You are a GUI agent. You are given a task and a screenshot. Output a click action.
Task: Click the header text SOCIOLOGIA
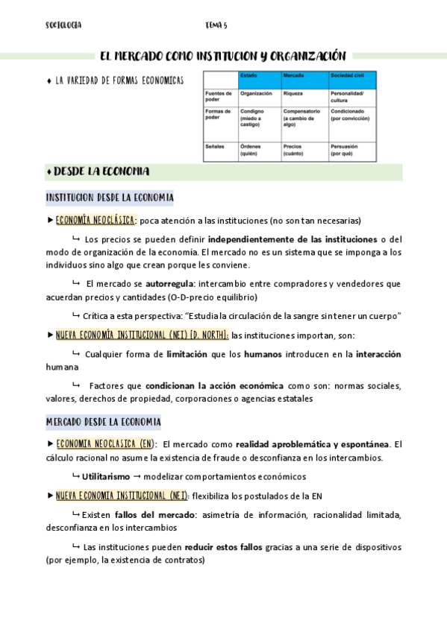[63, 25]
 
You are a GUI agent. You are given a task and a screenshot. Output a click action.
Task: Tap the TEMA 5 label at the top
[216, 25]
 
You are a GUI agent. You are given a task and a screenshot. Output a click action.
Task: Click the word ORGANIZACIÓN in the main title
[305, 55]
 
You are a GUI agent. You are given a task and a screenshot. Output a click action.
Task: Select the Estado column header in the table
[248, 77]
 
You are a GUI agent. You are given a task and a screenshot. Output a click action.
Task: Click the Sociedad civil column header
[348, 77]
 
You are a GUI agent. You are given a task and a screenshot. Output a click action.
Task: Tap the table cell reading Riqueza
[293, 94]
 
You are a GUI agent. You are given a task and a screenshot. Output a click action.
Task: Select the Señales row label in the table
[215, 147]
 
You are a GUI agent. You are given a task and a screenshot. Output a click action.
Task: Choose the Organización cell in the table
[256, 94]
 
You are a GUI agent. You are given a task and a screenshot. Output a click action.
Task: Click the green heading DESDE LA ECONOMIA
[101, 171]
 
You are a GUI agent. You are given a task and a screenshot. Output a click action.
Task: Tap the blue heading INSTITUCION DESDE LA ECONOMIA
[109, 197]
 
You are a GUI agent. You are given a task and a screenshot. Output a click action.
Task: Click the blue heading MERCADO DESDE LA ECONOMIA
[103, 422]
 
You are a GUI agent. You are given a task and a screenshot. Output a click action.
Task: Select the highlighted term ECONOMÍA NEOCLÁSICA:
[96, 220]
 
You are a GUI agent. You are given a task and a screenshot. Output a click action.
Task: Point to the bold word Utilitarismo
[106, 476]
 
